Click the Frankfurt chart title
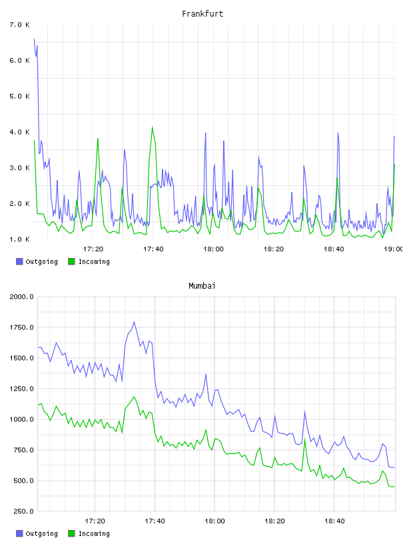pos(202,14)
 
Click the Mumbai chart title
pos(202,286)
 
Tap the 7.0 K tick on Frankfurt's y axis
pos(20,25)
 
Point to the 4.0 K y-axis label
pos(20,132)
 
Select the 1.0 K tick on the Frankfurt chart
pos(20,239)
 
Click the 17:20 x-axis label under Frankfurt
pos(93,249)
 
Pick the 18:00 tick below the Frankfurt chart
pos(213,249)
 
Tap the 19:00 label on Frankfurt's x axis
pos(394,249)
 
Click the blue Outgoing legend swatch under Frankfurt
pos(19,261)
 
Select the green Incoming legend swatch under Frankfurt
pos(71,261)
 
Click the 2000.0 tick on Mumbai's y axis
pos(21,297)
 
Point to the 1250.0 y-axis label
pos(21,389)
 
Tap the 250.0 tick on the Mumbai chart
pos(23,511)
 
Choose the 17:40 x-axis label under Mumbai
pos(155,521)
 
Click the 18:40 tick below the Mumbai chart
pos(334,521)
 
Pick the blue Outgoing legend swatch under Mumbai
pos(19,533)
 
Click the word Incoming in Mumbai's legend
pos(94,533)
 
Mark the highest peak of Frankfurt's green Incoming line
pos(153,127)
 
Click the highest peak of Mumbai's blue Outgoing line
pos(134,322)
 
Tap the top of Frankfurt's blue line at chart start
pos(34,39)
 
